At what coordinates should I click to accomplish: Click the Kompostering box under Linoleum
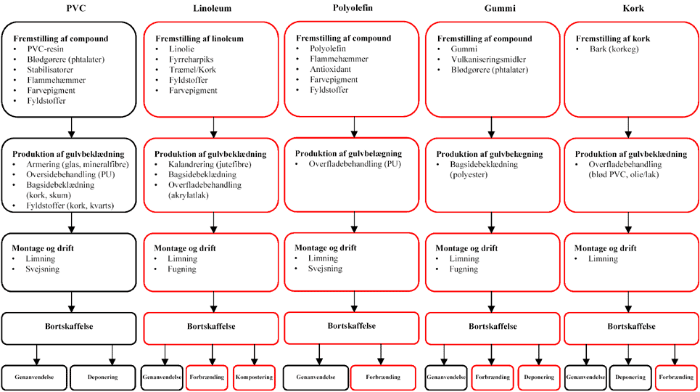point(255,377)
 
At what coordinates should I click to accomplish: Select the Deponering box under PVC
point(104,377)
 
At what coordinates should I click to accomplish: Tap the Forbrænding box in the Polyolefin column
point(383,377)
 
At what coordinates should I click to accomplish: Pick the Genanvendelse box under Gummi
point(445,377)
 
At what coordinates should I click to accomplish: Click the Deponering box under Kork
point(630,377)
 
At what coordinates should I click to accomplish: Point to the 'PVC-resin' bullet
point(46,49)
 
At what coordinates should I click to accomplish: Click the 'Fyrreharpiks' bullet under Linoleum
point(189,59)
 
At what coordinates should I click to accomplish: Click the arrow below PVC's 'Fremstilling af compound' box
point(70,127)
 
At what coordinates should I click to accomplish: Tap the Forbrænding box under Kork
point(676,377)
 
